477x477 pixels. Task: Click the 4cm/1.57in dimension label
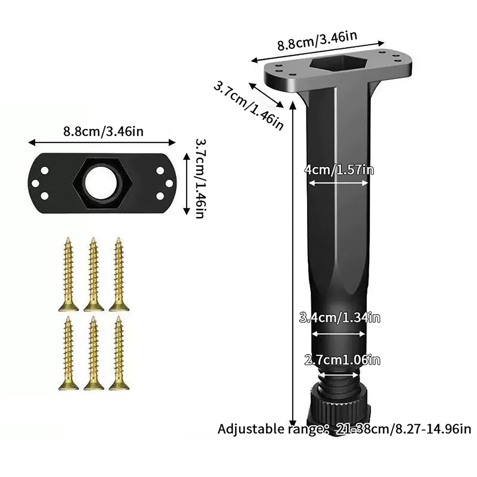coord(339,170)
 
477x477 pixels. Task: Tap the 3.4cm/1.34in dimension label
coord(340,318)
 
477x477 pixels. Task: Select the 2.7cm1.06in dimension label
coord(342,360)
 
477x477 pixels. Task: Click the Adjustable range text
coord(344,429)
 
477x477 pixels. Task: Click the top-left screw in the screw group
coord(68,274)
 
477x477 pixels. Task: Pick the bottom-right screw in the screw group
coord(119,353)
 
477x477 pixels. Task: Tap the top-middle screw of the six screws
coord(94,274)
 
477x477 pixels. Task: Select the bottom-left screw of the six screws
coord(68,353)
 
